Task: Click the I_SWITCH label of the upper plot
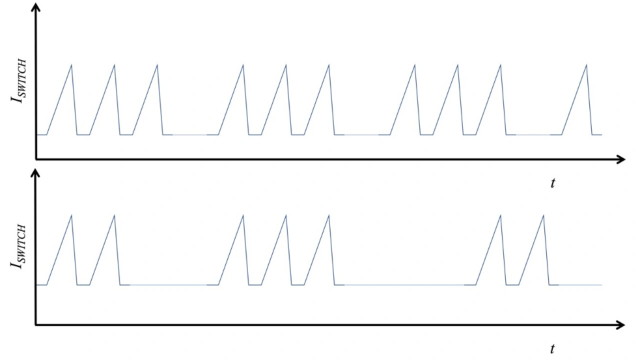coord(19,82)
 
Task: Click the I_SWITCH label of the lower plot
coord(19,247)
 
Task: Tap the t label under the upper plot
coord(553,183)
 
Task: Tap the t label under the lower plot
coord(553,348)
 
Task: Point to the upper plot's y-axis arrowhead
coord(35,6)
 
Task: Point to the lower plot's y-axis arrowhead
coord(35,172)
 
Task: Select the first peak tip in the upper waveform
coord(71,65)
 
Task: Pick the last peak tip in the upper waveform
coord(586,65)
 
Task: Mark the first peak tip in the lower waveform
coord(71,215)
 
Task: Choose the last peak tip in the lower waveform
coord(543,215)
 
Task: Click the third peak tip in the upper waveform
coord(157,65)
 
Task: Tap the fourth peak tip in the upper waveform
coord(243,65)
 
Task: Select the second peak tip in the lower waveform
coord(114,215)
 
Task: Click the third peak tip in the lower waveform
coord(243,215)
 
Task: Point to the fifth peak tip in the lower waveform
coord(329,215)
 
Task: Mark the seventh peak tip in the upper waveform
coord(414,65)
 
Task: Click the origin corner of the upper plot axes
coord(35,159)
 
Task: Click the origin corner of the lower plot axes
coord(35,325)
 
